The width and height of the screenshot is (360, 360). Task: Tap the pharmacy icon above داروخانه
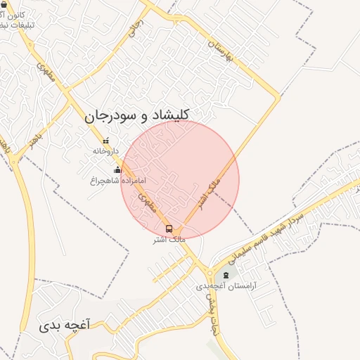tap(106, 141)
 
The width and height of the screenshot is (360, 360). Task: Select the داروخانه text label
tap(106, 151)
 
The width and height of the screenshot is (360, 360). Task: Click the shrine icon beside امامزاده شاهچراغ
tap(117, 169)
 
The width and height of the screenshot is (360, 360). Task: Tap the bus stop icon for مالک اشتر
tap(169, 229)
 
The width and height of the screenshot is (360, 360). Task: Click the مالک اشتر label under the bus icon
tap(169, 240)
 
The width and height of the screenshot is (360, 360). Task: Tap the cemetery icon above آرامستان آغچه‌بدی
tap(226, 274)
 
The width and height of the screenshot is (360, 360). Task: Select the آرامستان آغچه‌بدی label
tap(226, 286)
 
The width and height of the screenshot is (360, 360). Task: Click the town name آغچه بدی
tap(65, 326)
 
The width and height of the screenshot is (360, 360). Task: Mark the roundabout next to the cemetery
tap(210, 272)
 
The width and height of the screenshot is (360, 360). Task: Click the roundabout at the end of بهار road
tap(14, 160)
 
